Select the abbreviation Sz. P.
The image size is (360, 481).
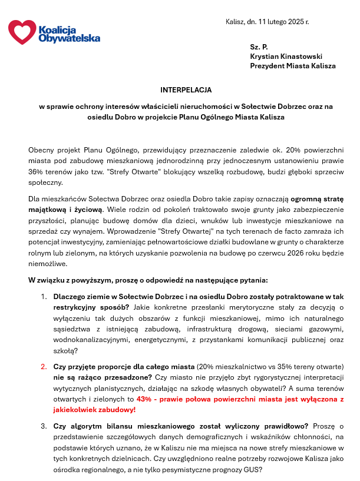259,45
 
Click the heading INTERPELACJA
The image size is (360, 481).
186,90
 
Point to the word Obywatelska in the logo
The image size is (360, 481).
69,38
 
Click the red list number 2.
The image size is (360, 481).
44,366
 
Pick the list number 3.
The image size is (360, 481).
44,425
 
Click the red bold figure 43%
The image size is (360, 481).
144,399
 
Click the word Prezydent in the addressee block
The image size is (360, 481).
267,66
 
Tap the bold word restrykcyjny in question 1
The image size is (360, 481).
75,307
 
